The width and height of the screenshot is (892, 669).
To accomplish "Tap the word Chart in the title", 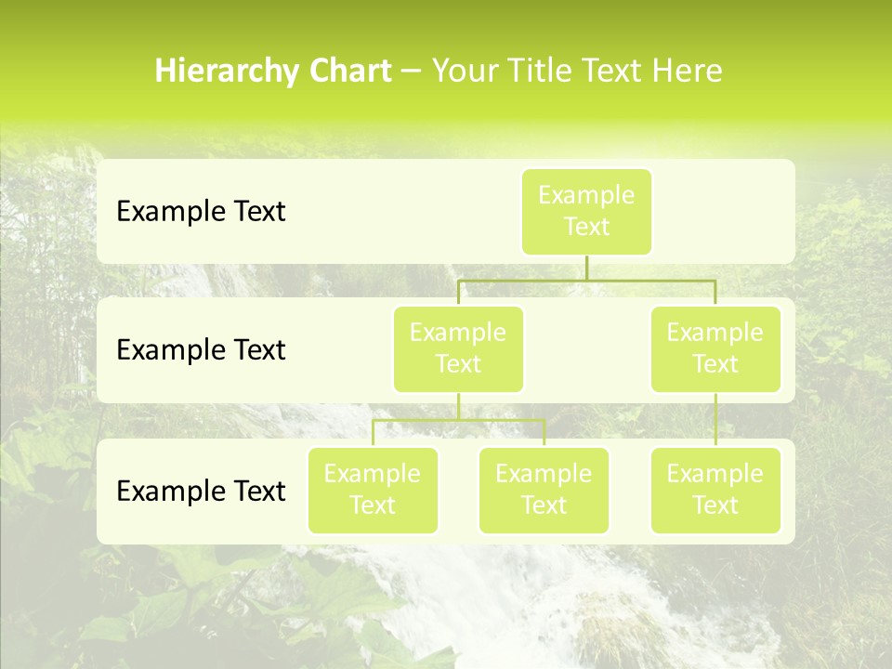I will click(x=348, y=72).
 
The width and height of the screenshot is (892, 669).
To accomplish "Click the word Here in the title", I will click(x=687, y=72).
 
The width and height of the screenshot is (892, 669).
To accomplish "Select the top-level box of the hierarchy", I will click(x=586, y=211).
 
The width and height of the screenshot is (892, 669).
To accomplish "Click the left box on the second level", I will click(x=458, y=348).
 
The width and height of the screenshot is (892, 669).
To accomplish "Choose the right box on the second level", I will click(x=715, y=348).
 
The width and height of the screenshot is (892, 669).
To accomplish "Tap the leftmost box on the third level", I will click(x=373, y=490).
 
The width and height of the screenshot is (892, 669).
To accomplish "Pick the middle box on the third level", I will click(x=544, y=490).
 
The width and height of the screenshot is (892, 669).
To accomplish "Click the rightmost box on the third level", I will click(x=715, y=490).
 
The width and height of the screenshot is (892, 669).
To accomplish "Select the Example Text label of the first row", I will click(x=201, y=212).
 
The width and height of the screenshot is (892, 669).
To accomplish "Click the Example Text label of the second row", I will click(x=201, y=350).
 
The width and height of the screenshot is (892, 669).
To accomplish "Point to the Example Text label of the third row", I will click(x=201, y=491).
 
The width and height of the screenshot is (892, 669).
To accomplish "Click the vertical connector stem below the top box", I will click(x=586, y=268).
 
